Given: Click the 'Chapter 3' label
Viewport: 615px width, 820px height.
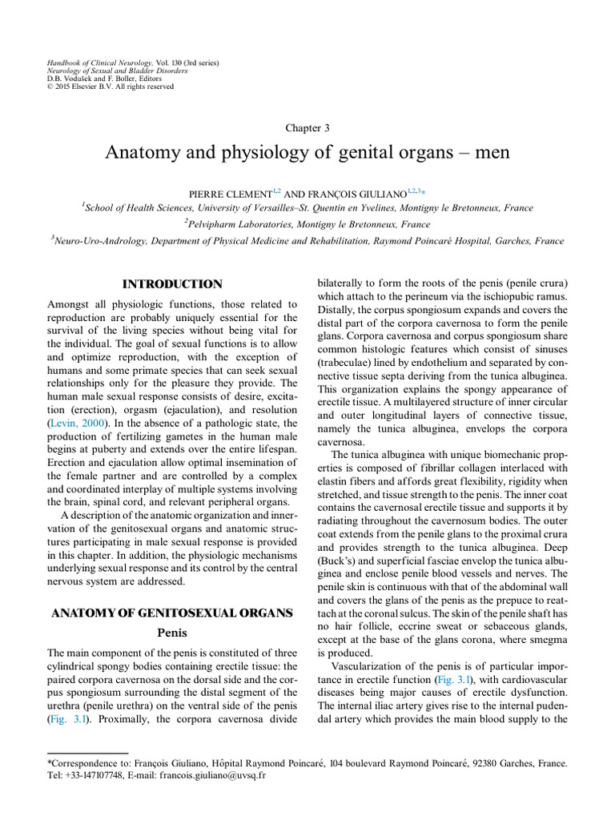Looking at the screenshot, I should (x=307, y=127).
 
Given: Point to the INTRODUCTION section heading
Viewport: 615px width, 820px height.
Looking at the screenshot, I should (x=171, y=284).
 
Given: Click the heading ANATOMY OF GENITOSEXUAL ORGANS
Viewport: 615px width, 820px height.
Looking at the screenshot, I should (x=171, y=613).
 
